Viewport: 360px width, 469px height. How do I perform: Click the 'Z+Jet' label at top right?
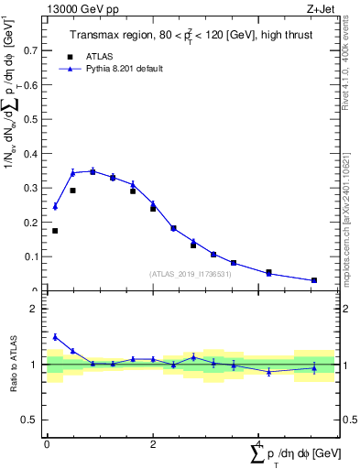click(x=321, y=8)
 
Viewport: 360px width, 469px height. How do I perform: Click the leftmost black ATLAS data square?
click(x=55, y=231)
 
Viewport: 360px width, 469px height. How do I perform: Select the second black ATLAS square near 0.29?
click(x=72, y=191)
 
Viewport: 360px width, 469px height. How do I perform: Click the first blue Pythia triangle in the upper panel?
click(x=55, y=207)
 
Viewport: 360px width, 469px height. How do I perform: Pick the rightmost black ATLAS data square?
click(x=314, y=280)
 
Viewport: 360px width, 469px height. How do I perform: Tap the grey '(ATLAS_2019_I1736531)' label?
click(x=191, y=273)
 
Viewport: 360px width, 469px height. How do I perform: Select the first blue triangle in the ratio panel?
click(x=55, y=337)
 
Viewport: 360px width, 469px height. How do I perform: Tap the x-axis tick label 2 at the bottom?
click(x=153, y=444)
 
